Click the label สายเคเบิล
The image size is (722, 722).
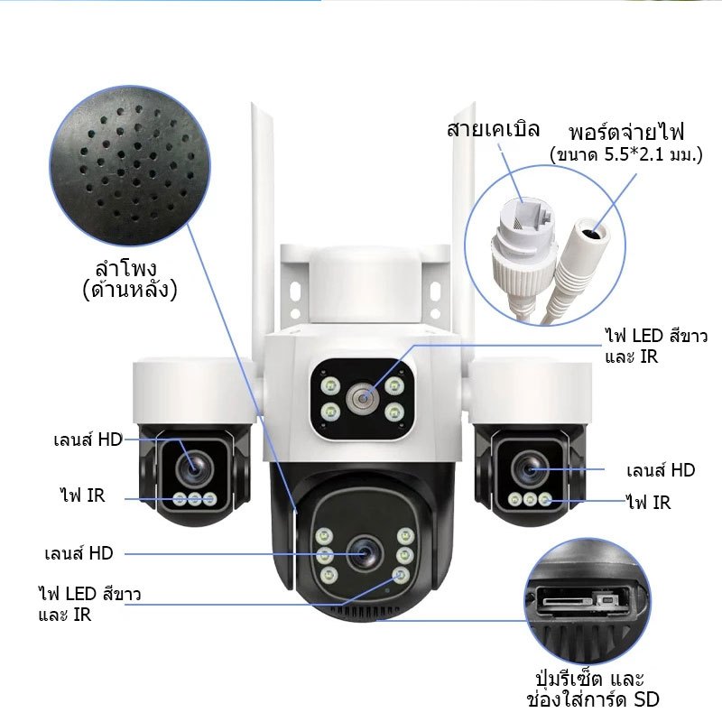pos(493,129)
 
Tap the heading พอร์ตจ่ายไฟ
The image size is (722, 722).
pos(626,132)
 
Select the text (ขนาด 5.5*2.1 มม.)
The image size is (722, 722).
pos(626,154)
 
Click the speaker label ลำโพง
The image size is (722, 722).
pos(125,267)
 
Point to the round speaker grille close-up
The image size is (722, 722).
pos(130,166)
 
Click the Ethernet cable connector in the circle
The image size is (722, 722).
pos(523,239)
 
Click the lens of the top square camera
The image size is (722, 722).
pos(363,398)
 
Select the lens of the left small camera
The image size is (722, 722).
pos(193,468)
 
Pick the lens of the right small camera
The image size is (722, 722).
pos(530,468)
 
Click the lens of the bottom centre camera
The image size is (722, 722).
pos(365,553)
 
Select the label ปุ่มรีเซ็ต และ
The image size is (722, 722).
pos(589,678)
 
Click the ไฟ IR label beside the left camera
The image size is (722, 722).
pos(82,495)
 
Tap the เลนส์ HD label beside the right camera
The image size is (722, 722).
pos(661,470)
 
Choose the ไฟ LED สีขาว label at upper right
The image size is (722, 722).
pos(656,336)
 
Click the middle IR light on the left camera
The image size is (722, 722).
pos(194,499)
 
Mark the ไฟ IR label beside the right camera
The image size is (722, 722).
pos(648,503)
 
